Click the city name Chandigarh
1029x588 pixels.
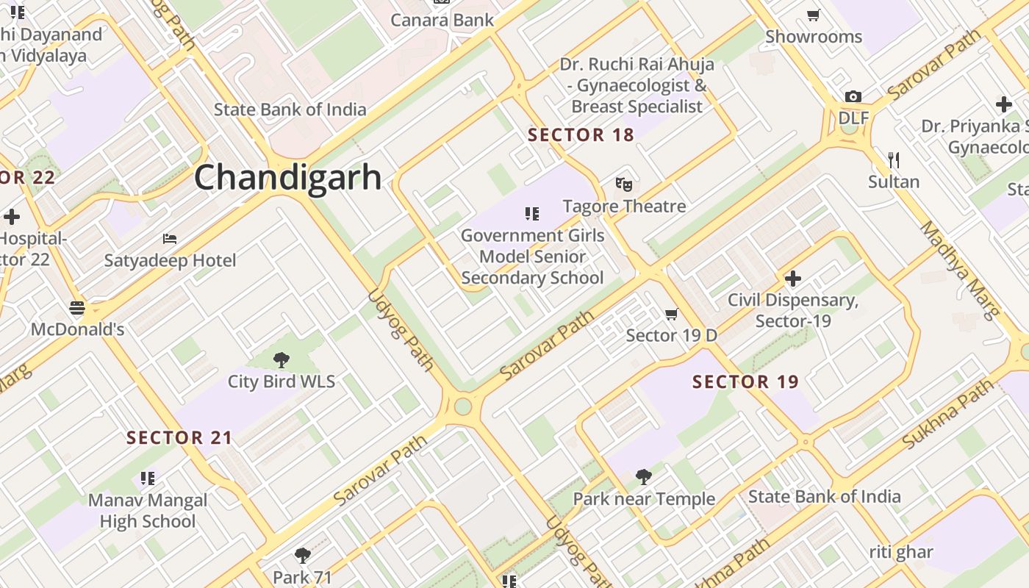click(x=288, y=178)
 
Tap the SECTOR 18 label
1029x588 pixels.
click(x=581, y=135)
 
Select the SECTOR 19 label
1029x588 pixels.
click(x=745, y=382)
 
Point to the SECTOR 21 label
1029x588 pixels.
click(x=179, y=438)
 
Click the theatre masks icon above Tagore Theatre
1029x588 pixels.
click(x=624, y=184)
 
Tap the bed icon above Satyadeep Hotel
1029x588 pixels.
click(x=170, y=239)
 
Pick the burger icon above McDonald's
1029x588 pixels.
click(x=77, y=308)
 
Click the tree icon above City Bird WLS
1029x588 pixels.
click(x=281, y=359)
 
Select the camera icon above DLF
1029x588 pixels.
click(x=853, y=97)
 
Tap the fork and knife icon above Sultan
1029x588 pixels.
click(x=894, y=159)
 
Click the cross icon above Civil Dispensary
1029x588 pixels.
click(x=793, y=279)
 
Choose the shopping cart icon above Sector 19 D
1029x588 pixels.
click(x=671, y=315)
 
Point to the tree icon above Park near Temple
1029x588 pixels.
click(x=644, y=477)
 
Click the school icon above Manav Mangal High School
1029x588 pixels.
click(x=148, y=478)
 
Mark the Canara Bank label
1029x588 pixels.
click(x=442, y=20)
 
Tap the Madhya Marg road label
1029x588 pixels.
click(x=961, y=270)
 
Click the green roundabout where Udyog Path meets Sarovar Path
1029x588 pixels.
click(x=462, y=406)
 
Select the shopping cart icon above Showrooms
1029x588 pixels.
click(x=814, y=15)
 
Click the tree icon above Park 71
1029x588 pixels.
click(x=302, y=555)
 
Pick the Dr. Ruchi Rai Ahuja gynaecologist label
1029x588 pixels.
click(x=637, y=85)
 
